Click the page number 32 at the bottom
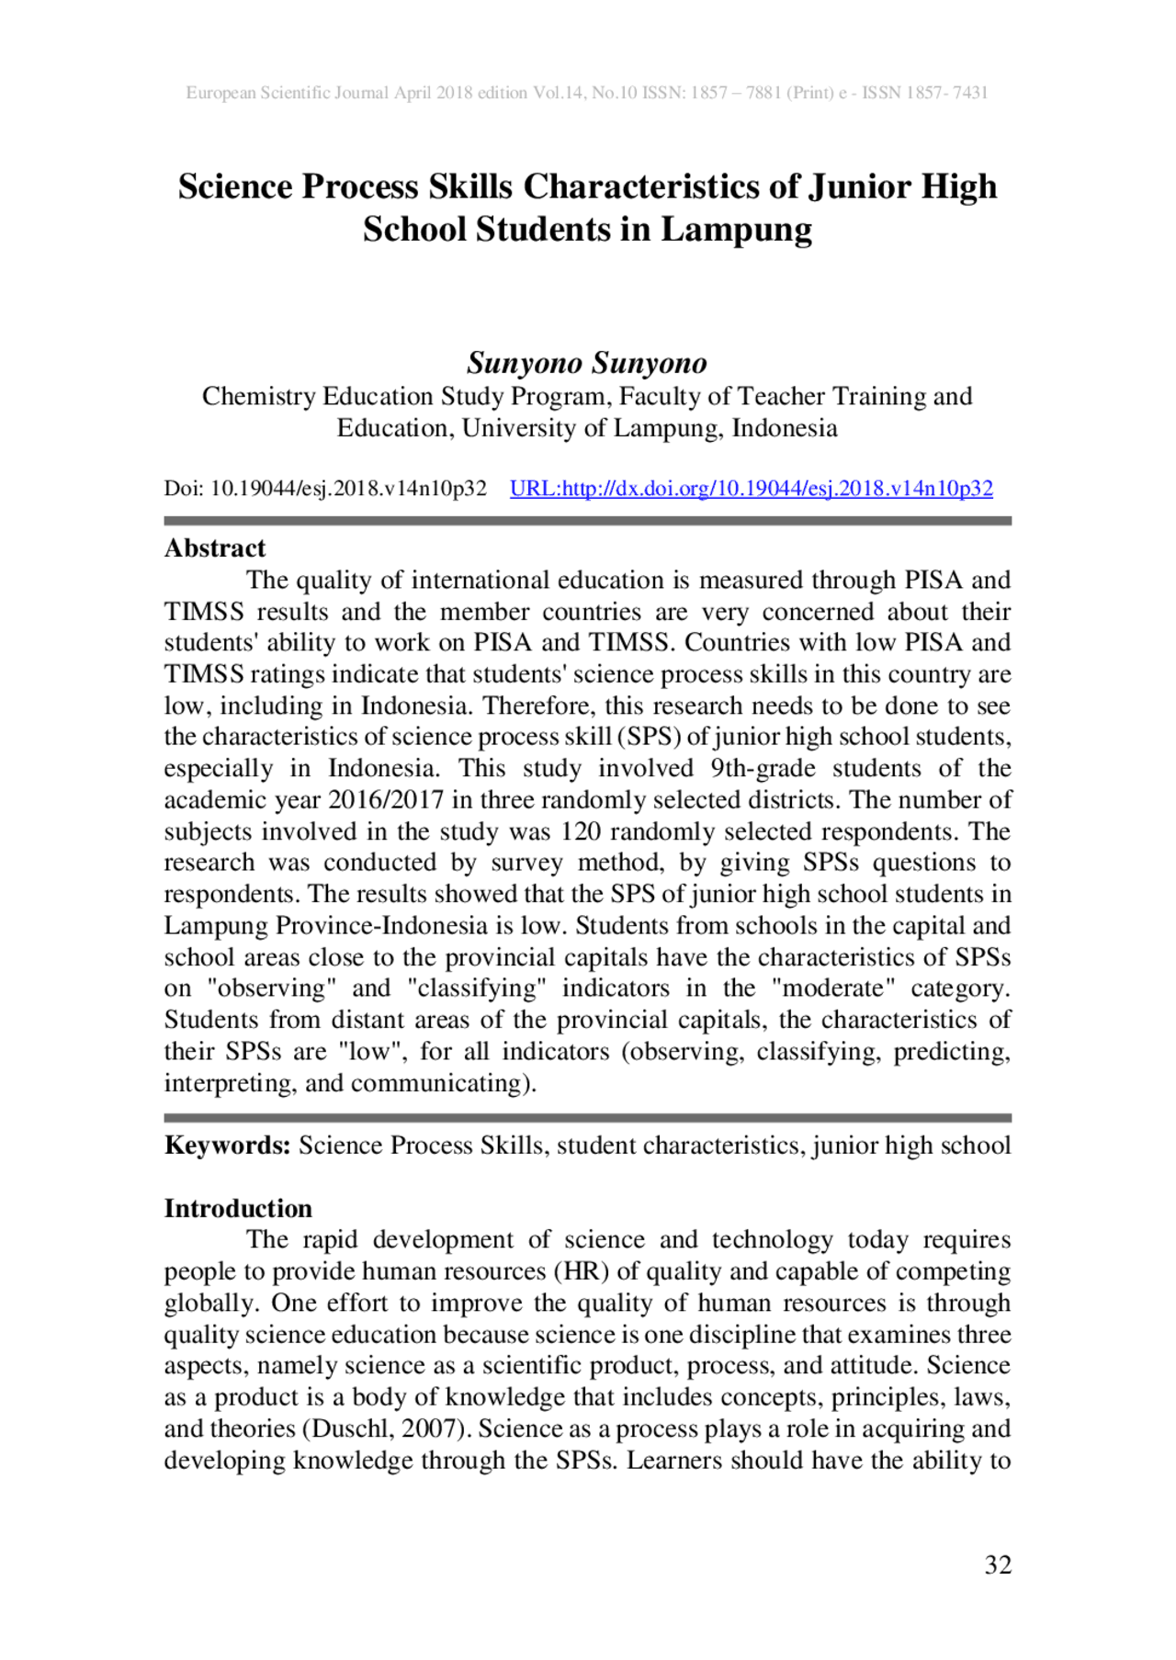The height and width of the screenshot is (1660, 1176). click(x=998, y=1564)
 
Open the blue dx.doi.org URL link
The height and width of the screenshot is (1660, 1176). click(x=751, y=488)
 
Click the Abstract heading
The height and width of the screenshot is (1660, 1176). click(x=215, y=548)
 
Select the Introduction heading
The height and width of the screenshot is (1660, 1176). click(x=238, y=1208)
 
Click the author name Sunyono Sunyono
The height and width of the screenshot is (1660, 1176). click(x=587, y=363)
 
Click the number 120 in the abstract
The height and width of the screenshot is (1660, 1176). click(x=581, y=831)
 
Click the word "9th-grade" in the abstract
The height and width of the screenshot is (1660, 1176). click(x=763, y=768)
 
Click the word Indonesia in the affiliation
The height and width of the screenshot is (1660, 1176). click(x=785, y=428)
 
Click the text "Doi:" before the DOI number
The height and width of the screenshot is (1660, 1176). click(x=184, y=488)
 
